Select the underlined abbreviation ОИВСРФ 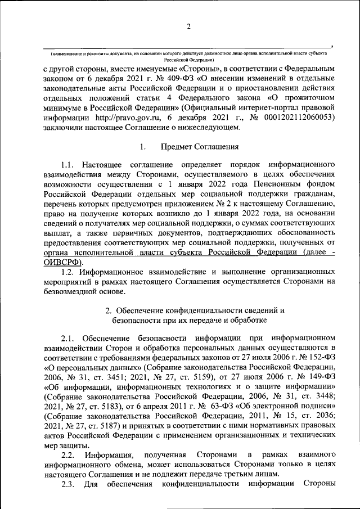pos(61,262)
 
